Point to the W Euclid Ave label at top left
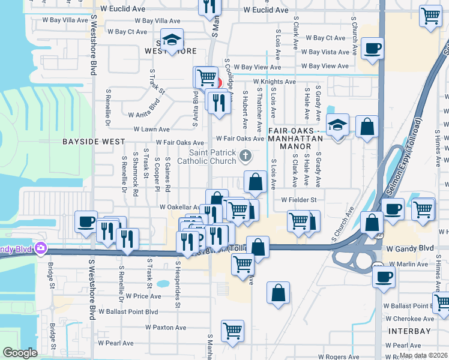123,10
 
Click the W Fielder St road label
299,200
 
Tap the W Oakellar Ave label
179,207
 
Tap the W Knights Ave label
274,82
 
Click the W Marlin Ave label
408,264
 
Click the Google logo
20,353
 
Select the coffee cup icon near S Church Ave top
372,48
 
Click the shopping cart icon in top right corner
430,16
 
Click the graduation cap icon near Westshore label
172,41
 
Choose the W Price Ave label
143,296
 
